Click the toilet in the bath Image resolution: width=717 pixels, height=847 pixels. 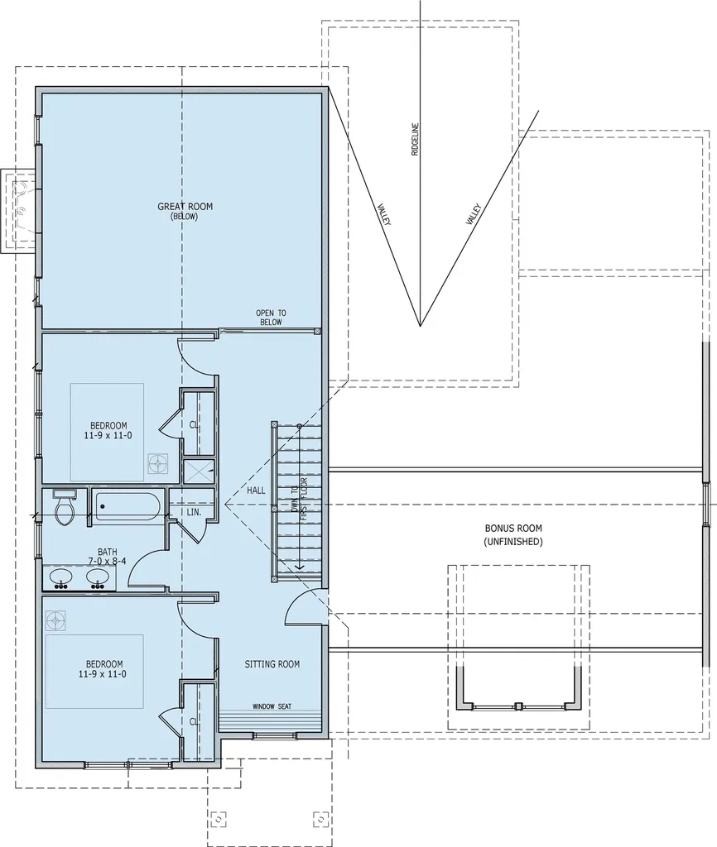coord(64,508)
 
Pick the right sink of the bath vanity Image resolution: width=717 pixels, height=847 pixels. coord(99,577)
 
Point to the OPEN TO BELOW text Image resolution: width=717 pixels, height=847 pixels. coord(270,318)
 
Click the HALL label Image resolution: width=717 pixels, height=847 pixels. coord(256,490)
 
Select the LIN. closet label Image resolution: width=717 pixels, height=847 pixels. coord(195,512)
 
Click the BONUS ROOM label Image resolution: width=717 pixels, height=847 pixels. coord(513,534)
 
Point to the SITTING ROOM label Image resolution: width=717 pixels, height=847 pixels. coord(272,664)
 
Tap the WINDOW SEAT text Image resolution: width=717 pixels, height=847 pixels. coord(272,706)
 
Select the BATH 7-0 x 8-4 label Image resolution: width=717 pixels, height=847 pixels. coord(108,556)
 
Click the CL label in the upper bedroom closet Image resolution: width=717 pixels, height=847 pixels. coord(195,425)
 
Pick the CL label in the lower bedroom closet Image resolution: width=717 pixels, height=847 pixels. coord(195,721)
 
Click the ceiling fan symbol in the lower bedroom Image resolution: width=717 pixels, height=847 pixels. coord(56,620)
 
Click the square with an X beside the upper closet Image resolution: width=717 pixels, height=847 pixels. coord(199,471)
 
